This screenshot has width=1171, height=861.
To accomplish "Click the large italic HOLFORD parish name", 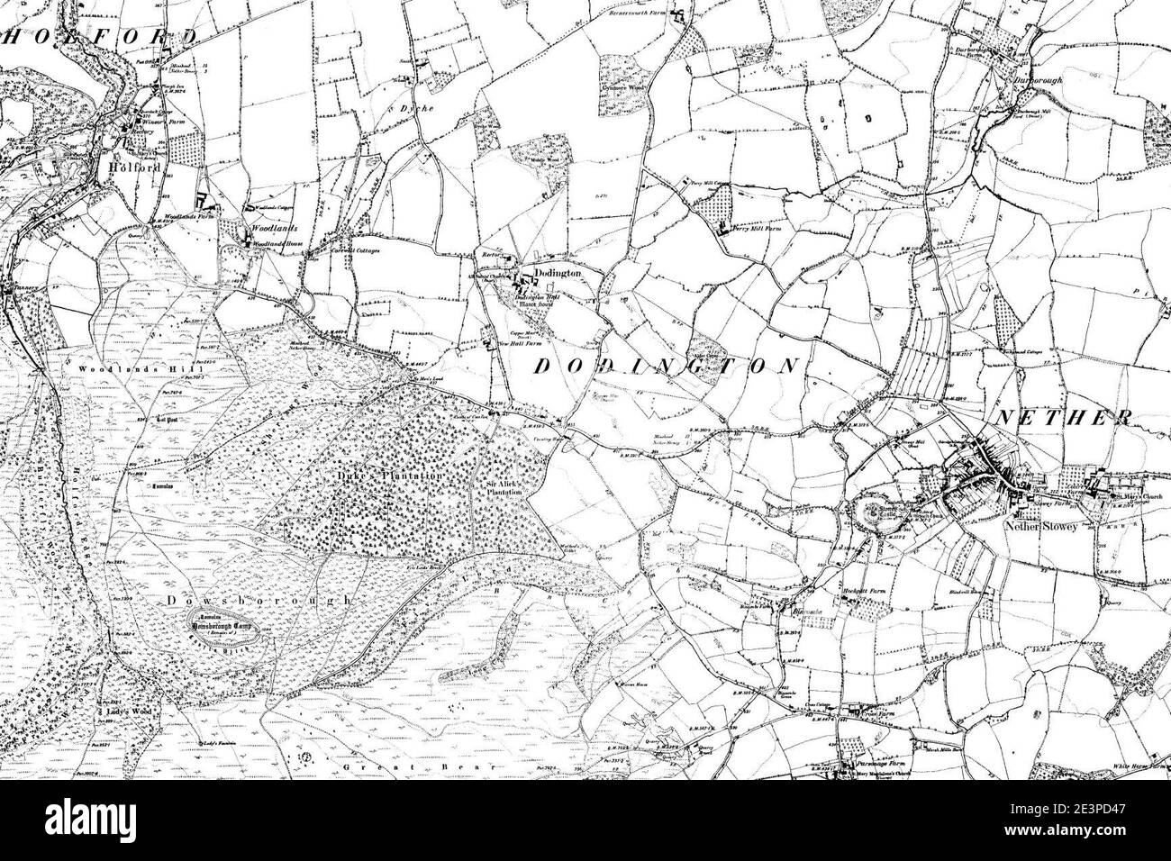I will [104, 37].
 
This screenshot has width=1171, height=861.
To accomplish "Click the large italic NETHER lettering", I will [1063, 417].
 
